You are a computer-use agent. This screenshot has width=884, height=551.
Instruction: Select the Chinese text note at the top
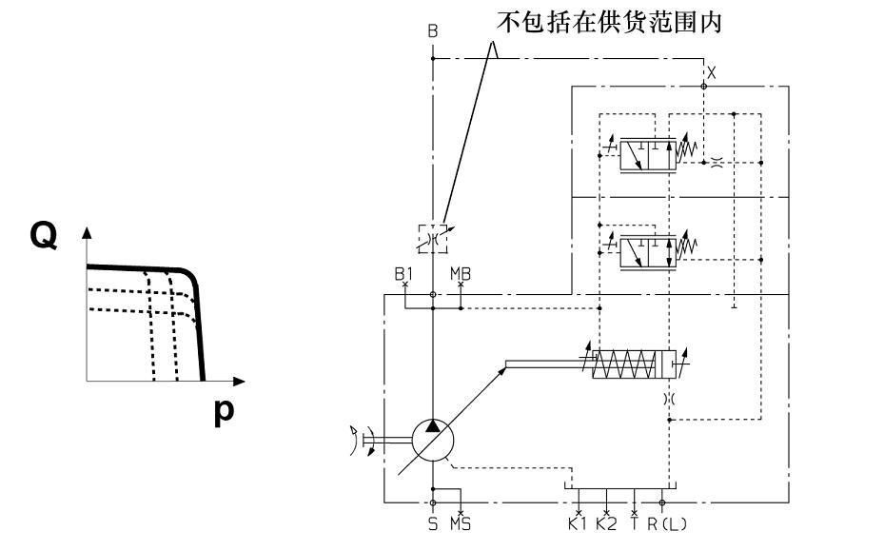tap(610, 21)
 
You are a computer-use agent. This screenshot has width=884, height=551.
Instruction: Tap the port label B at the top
tap(433, 32)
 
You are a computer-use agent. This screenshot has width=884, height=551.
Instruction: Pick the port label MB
tap(461, 273)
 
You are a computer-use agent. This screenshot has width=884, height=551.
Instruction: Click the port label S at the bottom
tap(433, 522)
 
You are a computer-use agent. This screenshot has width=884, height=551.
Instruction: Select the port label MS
tap(461, 522)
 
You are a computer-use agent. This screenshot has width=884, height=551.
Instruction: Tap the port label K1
tap(578, 522)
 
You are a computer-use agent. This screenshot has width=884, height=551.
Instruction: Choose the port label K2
tap(606, 522)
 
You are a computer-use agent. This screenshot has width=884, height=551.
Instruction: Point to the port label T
tap(635, 522)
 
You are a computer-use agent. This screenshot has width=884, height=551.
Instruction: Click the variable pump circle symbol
tap(433, 442)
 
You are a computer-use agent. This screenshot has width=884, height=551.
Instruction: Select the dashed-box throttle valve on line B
tap(433, 237)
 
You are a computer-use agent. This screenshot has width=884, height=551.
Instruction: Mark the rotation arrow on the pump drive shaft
tap(358, 442)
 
